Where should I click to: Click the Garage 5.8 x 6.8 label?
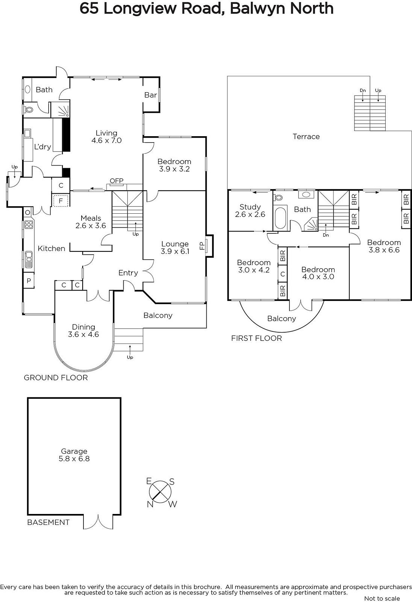click(74, 455)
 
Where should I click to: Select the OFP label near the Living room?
click(117, 181)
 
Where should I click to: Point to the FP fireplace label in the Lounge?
click(202, 246)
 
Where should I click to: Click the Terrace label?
click(306, 137)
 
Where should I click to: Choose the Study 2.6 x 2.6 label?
click(250, 210)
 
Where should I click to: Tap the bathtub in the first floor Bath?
click(280, 218)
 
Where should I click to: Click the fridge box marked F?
click(61, 201)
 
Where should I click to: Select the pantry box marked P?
click(29, 281)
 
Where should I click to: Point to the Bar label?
click(150, 95)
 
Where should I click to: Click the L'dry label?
click(42, 146)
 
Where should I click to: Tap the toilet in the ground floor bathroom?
click(28, 109)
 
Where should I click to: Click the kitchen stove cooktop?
click(29, 224)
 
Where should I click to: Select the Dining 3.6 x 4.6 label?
click(83, 331)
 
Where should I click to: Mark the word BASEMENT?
click(48, 522)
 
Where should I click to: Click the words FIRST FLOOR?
click(256, 338)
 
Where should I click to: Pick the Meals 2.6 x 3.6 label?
click(91, 222)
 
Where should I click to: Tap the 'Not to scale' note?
click(382, 598)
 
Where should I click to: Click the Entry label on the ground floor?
click(128, 273)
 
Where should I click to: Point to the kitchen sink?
click(29, 259)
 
